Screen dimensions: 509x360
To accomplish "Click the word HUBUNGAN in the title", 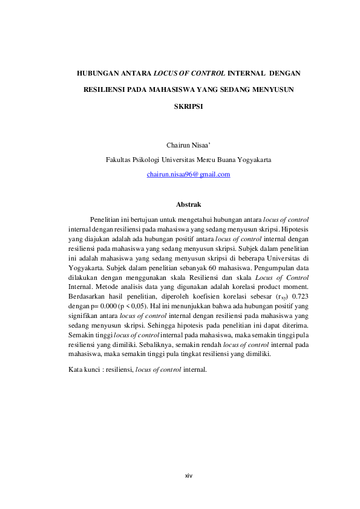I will click(x=93, y=73).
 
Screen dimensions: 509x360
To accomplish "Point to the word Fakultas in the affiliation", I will click(x=117, y=160).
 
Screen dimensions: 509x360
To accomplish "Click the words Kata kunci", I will click(x=84, y=369).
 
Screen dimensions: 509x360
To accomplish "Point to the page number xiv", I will click(x=188, y=476).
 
